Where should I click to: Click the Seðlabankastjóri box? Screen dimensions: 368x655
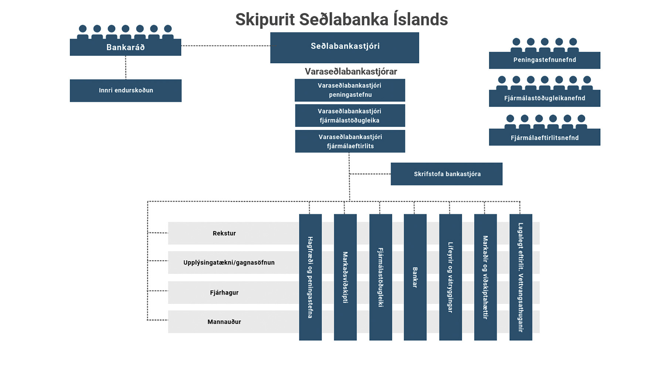345,47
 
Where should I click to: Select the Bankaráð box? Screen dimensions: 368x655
125,47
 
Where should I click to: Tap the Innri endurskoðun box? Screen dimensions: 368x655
126,90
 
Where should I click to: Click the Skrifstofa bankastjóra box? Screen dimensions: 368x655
447,174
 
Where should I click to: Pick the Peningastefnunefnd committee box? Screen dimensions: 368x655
544,60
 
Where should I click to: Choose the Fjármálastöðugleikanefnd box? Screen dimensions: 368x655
544,98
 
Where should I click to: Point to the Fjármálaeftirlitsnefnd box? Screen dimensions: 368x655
544,138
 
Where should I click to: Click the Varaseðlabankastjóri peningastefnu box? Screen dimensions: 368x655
350,90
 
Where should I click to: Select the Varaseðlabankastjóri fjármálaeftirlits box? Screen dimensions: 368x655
350,141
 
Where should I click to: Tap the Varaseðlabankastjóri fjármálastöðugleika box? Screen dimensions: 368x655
350,116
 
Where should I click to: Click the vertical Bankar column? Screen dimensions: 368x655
415,277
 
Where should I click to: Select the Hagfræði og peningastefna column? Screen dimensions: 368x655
310,277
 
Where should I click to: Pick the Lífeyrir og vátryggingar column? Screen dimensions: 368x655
450,277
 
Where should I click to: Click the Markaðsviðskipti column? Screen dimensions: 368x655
345,277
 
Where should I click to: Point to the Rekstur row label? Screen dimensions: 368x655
224,233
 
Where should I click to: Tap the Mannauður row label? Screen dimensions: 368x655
224,322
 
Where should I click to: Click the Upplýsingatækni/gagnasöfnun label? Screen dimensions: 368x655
229,262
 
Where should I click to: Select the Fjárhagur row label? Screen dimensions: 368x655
224,293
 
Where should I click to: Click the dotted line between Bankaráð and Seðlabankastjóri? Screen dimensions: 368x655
225,46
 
